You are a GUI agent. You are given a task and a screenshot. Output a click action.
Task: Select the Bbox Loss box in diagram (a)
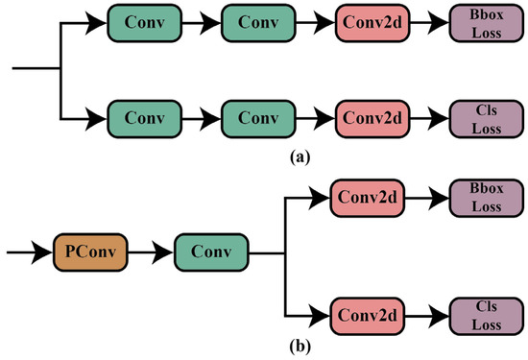(487, 21)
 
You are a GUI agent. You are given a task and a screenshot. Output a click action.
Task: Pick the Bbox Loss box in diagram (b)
(487, 199)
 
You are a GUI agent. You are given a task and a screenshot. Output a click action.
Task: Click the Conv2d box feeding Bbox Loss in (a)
(372, 21)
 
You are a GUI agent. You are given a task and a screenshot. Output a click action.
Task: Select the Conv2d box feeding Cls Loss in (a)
(372, 119)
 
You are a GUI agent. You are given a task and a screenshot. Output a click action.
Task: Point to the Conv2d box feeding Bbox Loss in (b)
(366, 199)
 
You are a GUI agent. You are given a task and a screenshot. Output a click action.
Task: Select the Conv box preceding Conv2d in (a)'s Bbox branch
(257, 21)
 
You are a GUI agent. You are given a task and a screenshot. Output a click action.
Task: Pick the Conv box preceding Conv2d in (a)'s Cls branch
(257, 119)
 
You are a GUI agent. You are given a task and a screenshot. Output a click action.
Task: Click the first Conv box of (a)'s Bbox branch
(142, 21)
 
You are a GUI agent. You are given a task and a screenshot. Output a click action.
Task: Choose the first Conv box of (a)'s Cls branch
(142, 119)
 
